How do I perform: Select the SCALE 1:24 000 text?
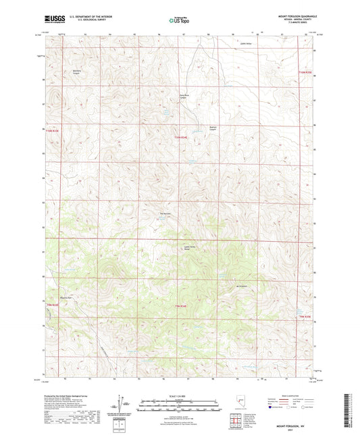[x=180, y=395]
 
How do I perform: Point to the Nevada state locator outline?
[x=239, y=403]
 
